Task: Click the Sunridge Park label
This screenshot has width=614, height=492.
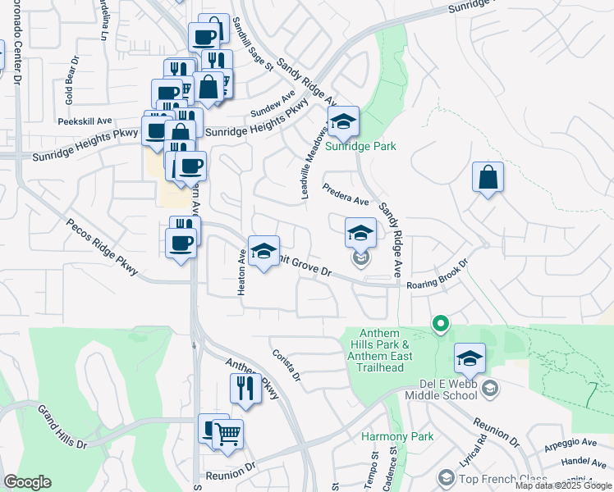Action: (360, 147)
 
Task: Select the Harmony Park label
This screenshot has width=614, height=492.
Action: (397, 436)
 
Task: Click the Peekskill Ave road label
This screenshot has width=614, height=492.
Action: (85, 121)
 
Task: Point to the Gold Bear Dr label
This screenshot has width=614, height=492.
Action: (70, 88)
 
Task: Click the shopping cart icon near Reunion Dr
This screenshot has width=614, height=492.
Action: (227, 433)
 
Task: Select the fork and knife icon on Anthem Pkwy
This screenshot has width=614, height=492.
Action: (245, 388)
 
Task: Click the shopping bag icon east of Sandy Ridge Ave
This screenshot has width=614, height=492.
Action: (488, 177)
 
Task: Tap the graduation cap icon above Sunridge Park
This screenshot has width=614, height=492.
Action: (343, 121)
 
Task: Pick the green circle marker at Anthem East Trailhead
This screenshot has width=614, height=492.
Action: (440, 324)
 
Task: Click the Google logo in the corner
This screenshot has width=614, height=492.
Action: (27, 482)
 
